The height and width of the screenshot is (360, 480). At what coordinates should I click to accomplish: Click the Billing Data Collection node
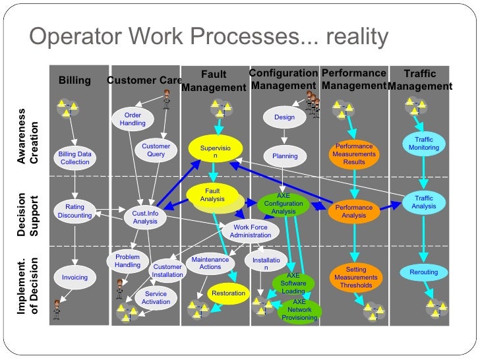[75, 158]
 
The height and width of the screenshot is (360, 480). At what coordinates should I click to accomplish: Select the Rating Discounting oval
[75, 211]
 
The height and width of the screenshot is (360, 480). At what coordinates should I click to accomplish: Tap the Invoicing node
[75, 278]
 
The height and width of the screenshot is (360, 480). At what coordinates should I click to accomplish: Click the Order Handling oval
[133, 119]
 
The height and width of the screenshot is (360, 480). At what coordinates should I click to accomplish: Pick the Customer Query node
[156, 150]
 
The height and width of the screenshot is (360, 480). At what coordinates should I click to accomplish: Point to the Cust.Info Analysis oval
[145, 217]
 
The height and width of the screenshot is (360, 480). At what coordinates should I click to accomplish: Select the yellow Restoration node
[228, 293]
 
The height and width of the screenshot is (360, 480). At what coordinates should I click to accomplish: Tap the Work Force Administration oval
[251, 231]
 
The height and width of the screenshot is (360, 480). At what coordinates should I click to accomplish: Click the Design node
[284, 118]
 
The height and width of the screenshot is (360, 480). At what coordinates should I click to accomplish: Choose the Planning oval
[285, 156]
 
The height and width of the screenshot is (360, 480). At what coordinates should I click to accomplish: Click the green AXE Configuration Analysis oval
[284, 204]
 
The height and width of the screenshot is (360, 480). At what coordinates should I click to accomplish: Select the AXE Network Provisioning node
[299, 310]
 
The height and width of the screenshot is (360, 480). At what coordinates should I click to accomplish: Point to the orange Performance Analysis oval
[354, 211]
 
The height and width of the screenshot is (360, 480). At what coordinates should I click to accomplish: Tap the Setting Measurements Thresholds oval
[355, 278]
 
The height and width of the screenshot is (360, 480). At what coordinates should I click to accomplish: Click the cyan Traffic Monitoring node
[424, 144]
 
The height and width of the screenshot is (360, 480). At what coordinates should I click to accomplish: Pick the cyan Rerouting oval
[423, 272]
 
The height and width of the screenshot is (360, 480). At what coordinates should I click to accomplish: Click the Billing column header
[75, 81]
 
